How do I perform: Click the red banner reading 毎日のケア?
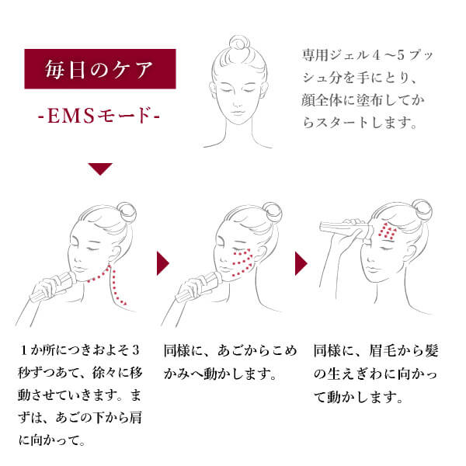[100, 69]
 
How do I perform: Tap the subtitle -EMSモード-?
[99, 115]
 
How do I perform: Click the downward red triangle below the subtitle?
[100, 169]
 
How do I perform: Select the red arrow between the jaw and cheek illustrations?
[163, 263]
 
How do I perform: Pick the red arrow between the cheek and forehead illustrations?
[301, 263]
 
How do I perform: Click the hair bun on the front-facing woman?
[238, 43]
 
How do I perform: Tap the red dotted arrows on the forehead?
[387, 231]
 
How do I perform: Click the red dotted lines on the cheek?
[242, 263]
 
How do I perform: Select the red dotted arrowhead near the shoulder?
[124, 303]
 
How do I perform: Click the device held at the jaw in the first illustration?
[54, 287]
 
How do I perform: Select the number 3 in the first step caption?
[136, 349]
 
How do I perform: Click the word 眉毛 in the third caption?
[382, 350]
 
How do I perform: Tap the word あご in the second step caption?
[231, 350]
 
